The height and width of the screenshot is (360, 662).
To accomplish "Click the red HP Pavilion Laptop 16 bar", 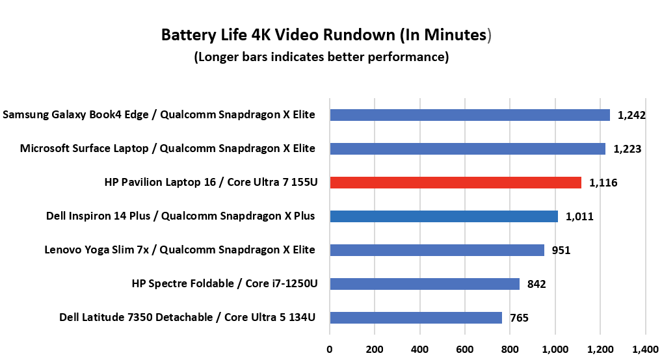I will tap(455, 183).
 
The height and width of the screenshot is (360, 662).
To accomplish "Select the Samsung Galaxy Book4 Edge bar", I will tap(470, 115).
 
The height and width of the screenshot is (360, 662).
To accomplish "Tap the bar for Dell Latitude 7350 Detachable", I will tap(416, 318).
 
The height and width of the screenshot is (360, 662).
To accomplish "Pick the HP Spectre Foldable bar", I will tap(425, 284).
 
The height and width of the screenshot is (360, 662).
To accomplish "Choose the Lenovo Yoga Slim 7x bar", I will tap(437, 250).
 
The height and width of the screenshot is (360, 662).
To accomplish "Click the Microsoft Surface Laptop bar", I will tap(468, 149).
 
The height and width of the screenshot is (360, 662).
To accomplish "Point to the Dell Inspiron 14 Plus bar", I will tap(444, 216).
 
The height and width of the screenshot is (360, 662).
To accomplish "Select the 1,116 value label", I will tap(603, 183).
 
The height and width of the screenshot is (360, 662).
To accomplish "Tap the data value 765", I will tap(519, 318).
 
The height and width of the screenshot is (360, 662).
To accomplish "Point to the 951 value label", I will tap(561, 250).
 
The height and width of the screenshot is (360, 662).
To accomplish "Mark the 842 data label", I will tap(536, 284).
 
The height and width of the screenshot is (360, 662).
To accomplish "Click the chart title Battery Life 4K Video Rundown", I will tap(325, 34).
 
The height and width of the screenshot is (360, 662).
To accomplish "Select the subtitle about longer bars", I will tap(321, 57).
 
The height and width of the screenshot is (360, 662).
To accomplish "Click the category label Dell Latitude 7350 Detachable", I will tap(187, 318).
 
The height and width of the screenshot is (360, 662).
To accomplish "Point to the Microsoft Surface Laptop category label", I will tap(168, 149).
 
